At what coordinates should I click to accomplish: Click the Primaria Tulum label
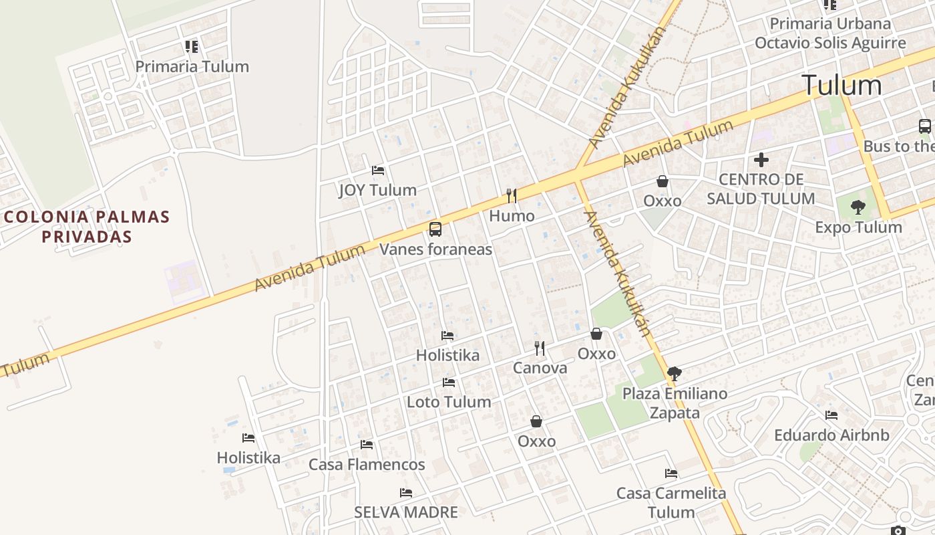click(x=192, y=66)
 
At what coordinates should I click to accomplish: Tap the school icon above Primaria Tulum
click(x=192, y=47)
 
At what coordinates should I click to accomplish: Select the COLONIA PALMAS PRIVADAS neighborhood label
click(x=87, y=226)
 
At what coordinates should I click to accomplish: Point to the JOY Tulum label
click(x=377, y=190)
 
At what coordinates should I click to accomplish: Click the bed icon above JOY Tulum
click(x=378, y=171)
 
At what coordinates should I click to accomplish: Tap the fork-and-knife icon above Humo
click(x=512, y=195)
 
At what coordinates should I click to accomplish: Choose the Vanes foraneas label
click(x=435, y=249)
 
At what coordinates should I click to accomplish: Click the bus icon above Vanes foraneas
click(x=435, y=229)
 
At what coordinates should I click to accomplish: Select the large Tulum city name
click(x=841, y=85)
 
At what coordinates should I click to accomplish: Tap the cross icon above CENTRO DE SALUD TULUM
click(x=761, y=160)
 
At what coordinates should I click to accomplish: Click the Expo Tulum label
click(x=858, y=227)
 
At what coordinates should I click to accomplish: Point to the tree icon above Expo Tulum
click(x=858, y=207)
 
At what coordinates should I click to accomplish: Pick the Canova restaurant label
click(x=540, y=368)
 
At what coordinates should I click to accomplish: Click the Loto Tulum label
click(x=449, y=402)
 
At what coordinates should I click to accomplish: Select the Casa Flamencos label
click(x=367, y=464)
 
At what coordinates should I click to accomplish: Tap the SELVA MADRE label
click(x=406, y=512)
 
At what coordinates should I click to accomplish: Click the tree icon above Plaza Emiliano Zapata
click(x=675, y=374)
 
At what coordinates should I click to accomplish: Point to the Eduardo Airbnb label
click(x=831, y=435)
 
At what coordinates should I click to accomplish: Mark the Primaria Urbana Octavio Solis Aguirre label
click(x=830, y=33)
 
